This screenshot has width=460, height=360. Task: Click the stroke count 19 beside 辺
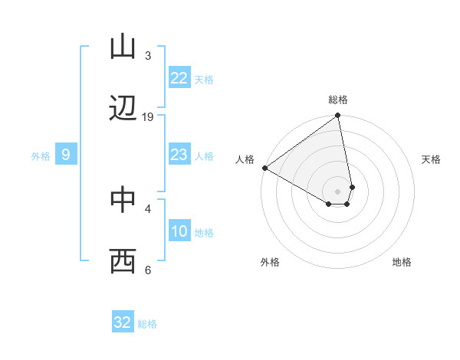(148, 117)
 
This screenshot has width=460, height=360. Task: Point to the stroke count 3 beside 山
(148, 55)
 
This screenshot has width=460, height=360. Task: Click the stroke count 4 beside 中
(148, 208)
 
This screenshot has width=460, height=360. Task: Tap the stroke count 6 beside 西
(148, 270)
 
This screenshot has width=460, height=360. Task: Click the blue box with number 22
(179, 78)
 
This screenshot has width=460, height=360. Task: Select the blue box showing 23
(179, 155)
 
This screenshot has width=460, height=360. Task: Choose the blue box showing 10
(179, 232)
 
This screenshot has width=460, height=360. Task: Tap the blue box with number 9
(66, 155)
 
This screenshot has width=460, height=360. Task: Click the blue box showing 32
(123, 322)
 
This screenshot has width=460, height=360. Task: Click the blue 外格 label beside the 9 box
(41, 156)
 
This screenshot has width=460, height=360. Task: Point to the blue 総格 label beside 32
(147, 324)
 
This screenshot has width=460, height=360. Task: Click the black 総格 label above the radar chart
(338, 100)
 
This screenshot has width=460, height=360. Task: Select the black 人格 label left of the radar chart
(245, 159)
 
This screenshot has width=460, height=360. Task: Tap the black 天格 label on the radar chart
(432, 159)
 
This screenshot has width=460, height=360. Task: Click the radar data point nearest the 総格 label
(338, 116)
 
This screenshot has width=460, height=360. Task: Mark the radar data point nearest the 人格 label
(264, 168)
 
